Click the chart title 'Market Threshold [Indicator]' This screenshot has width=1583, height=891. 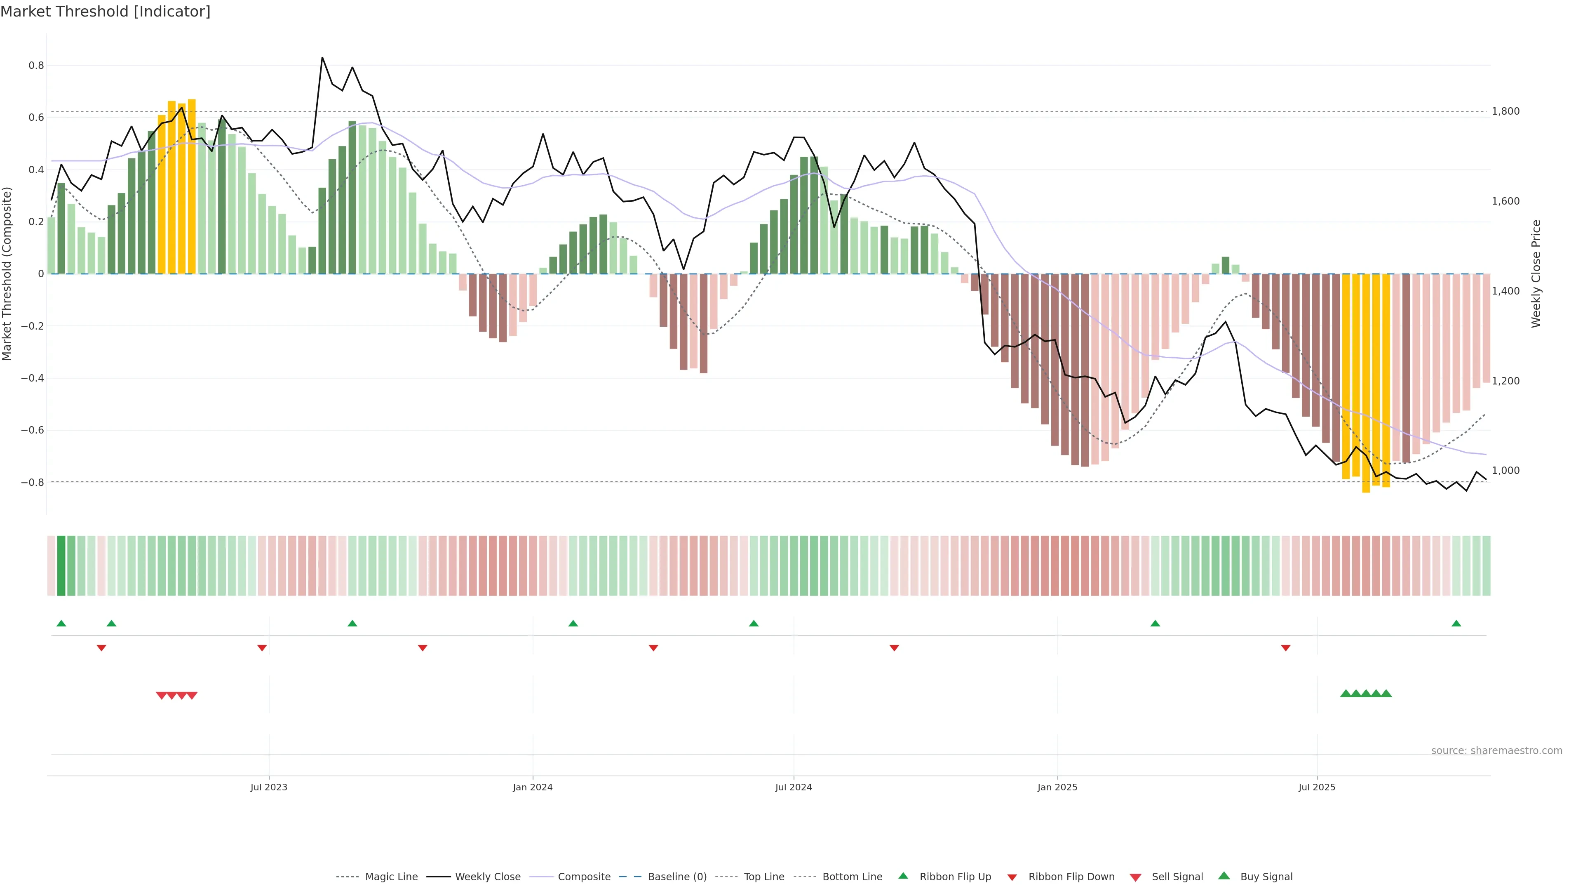click(105, 12)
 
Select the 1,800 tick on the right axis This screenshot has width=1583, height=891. click(1505, 111)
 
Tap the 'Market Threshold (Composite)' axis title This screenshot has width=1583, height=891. click(7, 273)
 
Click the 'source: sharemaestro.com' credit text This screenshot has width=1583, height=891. click(1496, 751)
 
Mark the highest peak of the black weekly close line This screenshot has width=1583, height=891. click(322, 58)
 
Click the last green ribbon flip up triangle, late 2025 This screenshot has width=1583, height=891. click(1456, 624)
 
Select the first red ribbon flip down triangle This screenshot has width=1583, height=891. click(101, 648)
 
